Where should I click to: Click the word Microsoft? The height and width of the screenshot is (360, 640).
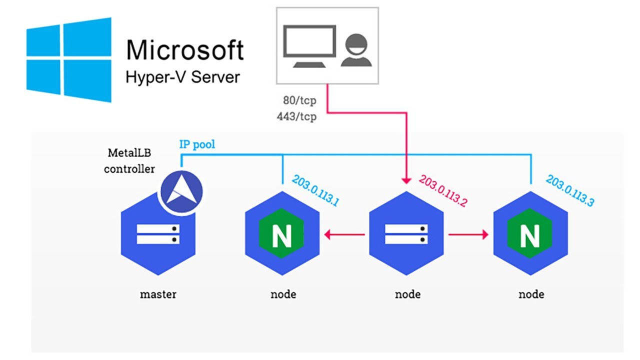(184, 50)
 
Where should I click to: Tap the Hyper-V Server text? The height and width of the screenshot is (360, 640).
(182, 77)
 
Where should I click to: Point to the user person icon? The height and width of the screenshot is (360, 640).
(356, 50)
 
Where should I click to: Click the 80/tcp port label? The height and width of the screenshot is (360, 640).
(299, 101)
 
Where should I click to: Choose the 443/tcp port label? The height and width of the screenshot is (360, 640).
(296, 117)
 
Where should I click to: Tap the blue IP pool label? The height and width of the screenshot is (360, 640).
(197, 145)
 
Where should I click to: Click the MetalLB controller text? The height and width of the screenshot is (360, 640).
(129, 160)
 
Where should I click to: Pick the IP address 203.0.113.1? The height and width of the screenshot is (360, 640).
(316, 190)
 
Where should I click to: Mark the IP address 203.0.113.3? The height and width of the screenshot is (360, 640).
(570, 190)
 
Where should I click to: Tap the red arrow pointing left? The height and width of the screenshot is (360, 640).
(344, 233)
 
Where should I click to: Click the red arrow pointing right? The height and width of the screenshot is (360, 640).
(468, 234)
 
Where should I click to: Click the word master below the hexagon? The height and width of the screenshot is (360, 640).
(158, 294)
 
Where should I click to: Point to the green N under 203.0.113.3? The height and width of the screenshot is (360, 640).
(530, 235)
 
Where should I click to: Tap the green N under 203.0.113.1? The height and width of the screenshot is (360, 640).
(282, 235)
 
